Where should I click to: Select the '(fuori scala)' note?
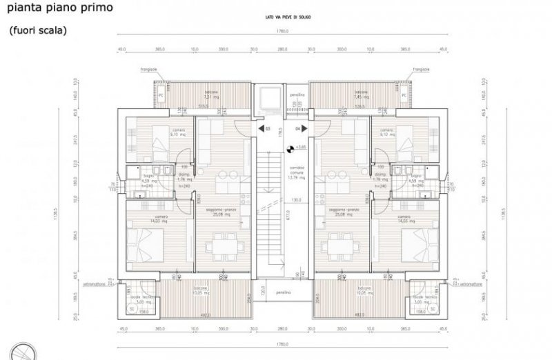point(38,31)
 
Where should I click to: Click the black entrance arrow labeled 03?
point(251,128)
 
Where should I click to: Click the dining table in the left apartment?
point(222,243)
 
